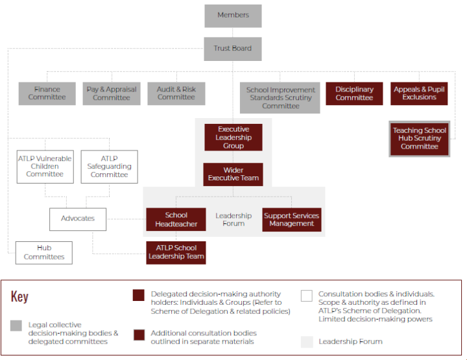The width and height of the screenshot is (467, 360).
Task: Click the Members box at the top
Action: click(x=233, y=16)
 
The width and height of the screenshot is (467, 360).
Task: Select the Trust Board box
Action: click(x=233, y=49)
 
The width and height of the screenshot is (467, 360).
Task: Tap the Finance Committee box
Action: click(x=47, y=93)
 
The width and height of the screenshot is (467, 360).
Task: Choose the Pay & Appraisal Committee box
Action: click(x=111, y=93)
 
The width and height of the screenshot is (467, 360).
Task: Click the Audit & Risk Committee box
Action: click(x=176, y=93)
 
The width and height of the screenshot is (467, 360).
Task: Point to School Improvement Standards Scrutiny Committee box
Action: click(x=281, y=97)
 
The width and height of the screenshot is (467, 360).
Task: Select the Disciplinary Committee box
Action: click(x=354, y=93)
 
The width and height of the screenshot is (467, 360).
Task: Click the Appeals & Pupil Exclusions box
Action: click(x=419, y=93)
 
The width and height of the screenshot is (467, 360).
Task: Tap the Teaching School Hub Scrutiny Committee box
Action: click(x=419, y=138)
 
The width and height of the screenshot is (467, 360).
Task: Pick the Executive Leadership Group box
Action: click(x=233, y=138)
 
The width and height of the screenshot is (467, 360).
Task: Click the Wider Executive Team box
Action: click(x=233, y=174)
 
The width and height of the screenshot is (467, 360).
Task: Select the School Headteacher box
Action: click(x=176, y=219)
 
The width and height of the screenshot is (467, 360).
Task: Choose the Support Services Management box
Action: click(x=291, y=219)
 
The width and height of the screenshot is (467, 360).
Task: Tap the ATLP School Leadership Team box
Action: click(x=176, y=252)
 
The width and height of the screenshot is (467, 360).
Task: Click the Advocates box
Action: click(x=78, y=219)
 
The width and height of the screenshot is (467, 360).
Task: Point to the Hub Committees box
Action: click(x=44, y=252)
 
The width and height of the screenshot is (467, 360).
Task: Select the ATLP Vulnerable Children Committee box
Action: click(x=45, y=167)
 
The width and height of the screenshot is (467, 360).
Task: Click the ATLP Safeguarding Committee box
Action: click(x=109, y=167)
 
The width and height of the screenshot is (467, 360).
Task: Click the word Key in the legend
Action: click(x=20, y=296)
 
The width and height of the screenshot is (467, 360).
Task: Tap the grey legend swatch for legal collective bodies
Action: click(x=16, y=326)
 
